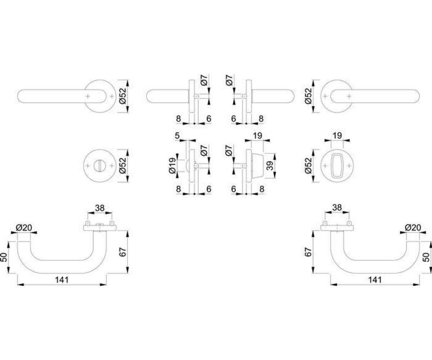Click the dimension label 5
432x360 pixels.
coord(177,136)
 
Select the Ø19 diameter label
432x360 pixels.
coord(172,166)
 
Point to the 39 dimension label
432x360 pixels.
coord(270,166)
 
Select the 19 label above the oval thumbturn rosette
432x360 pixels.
coord(337,135)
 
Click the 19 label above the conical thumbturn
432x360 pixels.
coord(258,135)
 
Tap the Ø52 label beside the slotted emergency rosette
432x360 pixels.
coord(123,166)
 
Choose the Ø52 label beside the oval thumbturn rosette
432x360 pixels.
coord(308,166)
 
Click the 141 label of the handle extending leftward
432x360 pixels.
coord(62,280)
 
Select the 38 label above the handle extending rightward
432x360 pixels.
coord(337,207)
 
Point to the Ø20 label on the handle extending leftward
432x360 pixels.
coord(24,228)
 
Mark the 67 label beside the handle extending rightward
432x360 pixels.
coord(308,252)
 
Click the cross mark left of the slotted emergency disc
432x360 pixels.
coord(88,166)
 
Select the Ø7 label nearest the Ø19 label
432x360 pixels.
coord(204,150)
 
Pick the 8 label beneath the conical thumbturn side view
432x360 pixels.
coord(262,189)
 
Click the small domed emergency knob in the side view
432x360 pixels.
coord(188,166)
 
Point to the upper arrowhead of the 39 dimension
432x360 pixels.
coord(275,156)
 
